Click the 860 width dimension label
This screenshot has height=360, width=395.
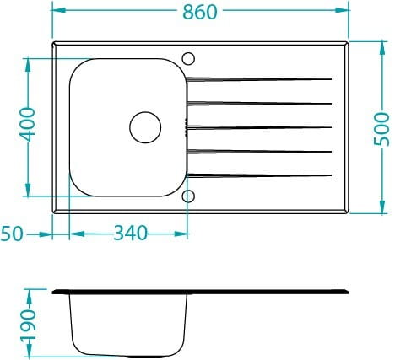tap(200, 12)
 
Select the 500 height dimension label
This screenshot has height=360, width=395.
tap(381, 129)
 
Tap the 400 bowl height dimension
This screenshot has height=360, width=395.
tap(27, 125)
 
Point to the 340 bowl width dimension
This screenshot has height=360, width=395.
tap(130, 233)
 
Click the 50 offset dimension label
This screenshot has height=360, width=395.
tap(12, 234)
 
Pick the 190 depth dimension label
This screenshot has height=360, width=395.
tap(28, 325)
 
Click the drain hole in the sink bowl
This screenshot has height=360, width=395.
tap(145, 127)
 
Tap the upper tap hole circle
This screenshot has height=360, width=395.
tap(188, 59)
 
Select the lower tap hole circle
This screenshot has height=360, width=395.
tap(188, 196)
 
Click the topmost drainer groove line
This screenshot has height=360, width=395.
tap(259, 79)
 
